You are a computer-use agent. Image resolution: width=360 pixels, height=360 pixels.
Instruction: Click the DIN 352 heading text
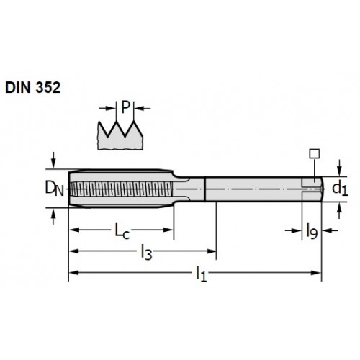(33, 87)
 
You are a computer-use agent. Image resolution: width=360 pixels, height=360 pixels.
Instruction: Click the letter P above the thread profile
(125, 107)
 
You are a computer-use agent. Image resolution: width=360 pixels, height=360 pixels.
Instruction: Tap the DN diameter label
(55, 189)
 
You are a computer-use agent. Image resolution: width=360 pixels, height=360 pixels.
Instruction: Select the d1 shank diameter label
(340, 189)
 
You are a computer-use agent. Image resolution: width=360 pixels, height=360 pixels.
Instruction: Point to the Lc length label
(122, 231)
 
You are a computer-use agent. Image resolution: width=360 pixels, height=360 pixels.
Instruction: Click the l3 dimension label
(146, 252)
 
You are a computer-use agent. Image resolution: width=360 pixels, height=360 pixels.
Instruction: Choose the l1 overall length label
(201, 274)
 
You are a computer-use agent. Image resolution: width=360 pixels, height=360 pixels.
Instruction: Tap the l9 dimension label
(312, 231)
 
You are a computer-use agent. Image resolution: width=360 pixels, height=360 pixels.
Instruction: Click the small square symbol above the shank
(315, 153)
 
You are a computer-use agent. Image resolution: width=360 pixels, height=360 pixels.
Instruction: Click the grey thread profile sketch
(120, 135)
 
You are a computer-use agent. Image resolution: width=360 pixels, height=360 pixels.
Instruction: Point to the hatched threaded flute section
(122, 189)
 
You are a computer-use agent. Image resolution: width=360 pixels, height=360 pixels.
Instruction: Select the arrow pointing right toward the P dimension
(107, 108)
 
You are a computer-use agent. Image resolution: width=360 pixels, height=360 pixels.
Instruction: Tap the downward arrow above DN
(53, 160)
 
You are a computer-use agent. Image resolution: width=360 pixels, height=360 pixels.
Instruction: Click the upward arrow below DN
(53, 217)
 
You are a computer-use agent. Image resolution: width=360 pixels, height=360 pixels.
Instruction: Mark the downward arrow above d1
(339, 168)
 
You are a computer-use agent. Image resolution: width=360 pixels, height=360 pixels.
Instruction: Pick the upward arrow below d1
(339, 210)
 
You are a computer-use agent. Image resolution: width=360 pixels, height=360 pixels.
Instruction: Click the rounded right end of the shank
(322, 189)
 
